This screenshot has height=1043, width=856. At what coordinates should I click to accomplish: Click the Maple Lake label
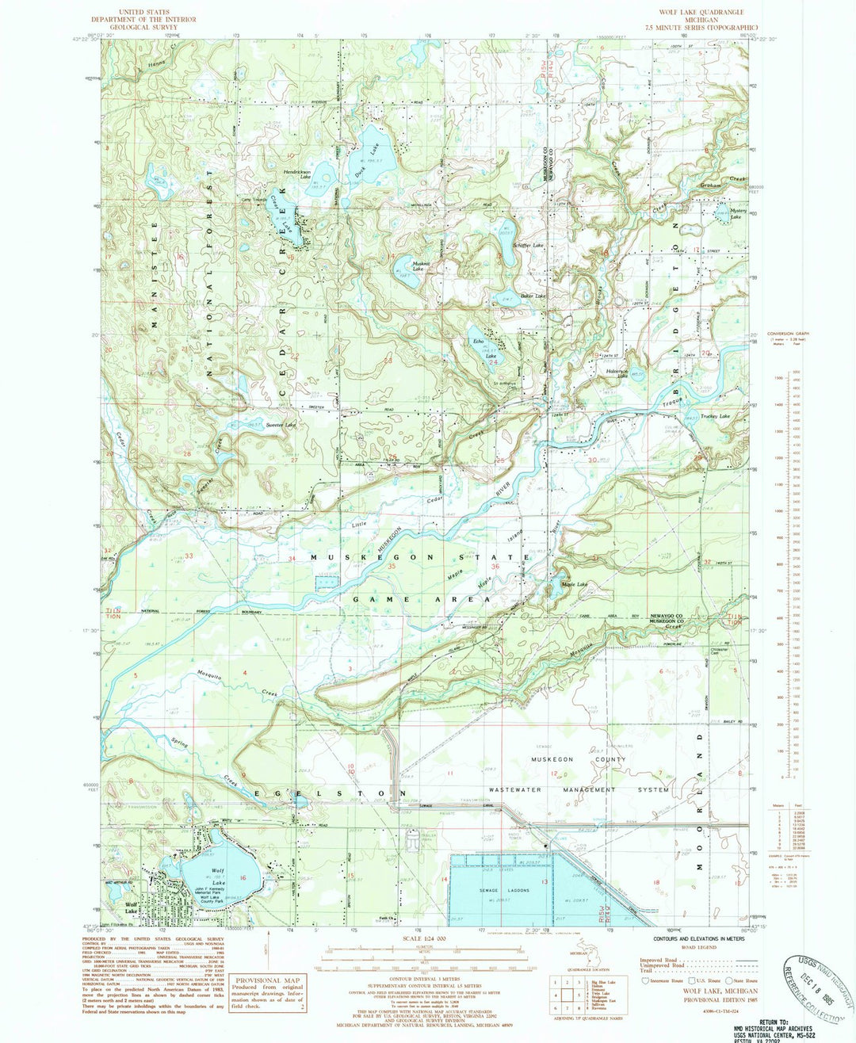[575, 585]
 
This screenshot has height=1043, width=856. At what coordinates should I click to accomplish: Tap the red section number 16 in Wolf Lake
[243, 877]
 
